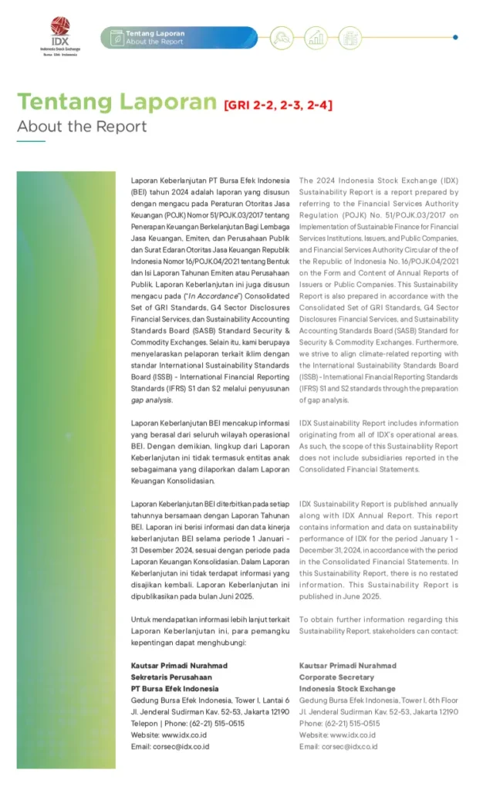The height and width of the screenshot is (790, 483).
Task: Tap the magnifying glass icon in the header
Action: pos(282,37)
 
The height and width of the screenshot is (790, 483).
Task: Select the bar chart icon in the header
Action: pos(316,37)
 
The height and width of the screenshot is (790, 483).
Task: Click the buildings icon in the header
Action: pos(350,37)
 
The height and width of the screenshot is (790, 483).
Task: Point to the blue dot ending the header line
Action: pos(455,37)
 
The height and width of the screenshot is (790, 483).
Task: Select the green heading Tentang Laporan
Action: pos(117,103)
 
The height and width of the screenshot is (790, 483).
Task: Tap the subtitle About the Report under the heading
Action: pos(82,127)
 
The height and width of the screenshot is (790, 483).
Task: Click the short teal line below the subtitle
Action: pos(31,142)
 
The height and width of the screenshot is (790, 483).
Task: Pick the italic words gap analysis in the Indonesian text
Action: pos(151,400)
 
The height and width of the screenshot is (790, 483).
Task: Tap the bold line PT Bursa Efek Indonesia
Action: pos(174,689)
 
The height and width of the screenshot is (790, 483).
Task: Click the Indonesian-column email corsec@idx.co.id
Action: pos(170,747)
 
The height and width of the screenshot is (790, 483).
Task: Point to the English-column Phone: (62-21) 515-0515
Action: pos(339,724)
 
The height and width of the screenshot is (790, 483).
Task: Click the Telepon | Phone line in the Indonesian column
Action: pos(187,724)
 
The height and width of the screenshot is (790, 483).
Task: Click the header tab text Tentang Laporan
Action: pos(155,33)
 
